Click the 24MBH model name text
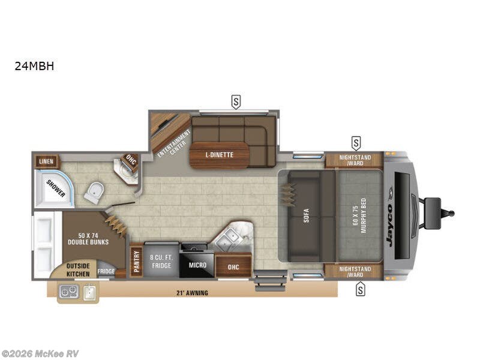tap(34, 67)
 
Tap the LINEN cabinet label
tap(46, 161)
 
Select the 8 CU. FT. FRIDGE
tap(161, 261)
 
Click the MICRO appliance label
tap(197, 265)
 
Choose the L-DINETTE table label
tap(219, 155)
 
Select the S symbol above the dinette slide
tap(236, 102)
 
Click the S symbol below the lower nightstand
tap(361, 290)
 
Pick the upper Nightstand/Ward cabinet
tap(354, 160)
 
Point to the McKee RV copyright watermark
tap(40, 353)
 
